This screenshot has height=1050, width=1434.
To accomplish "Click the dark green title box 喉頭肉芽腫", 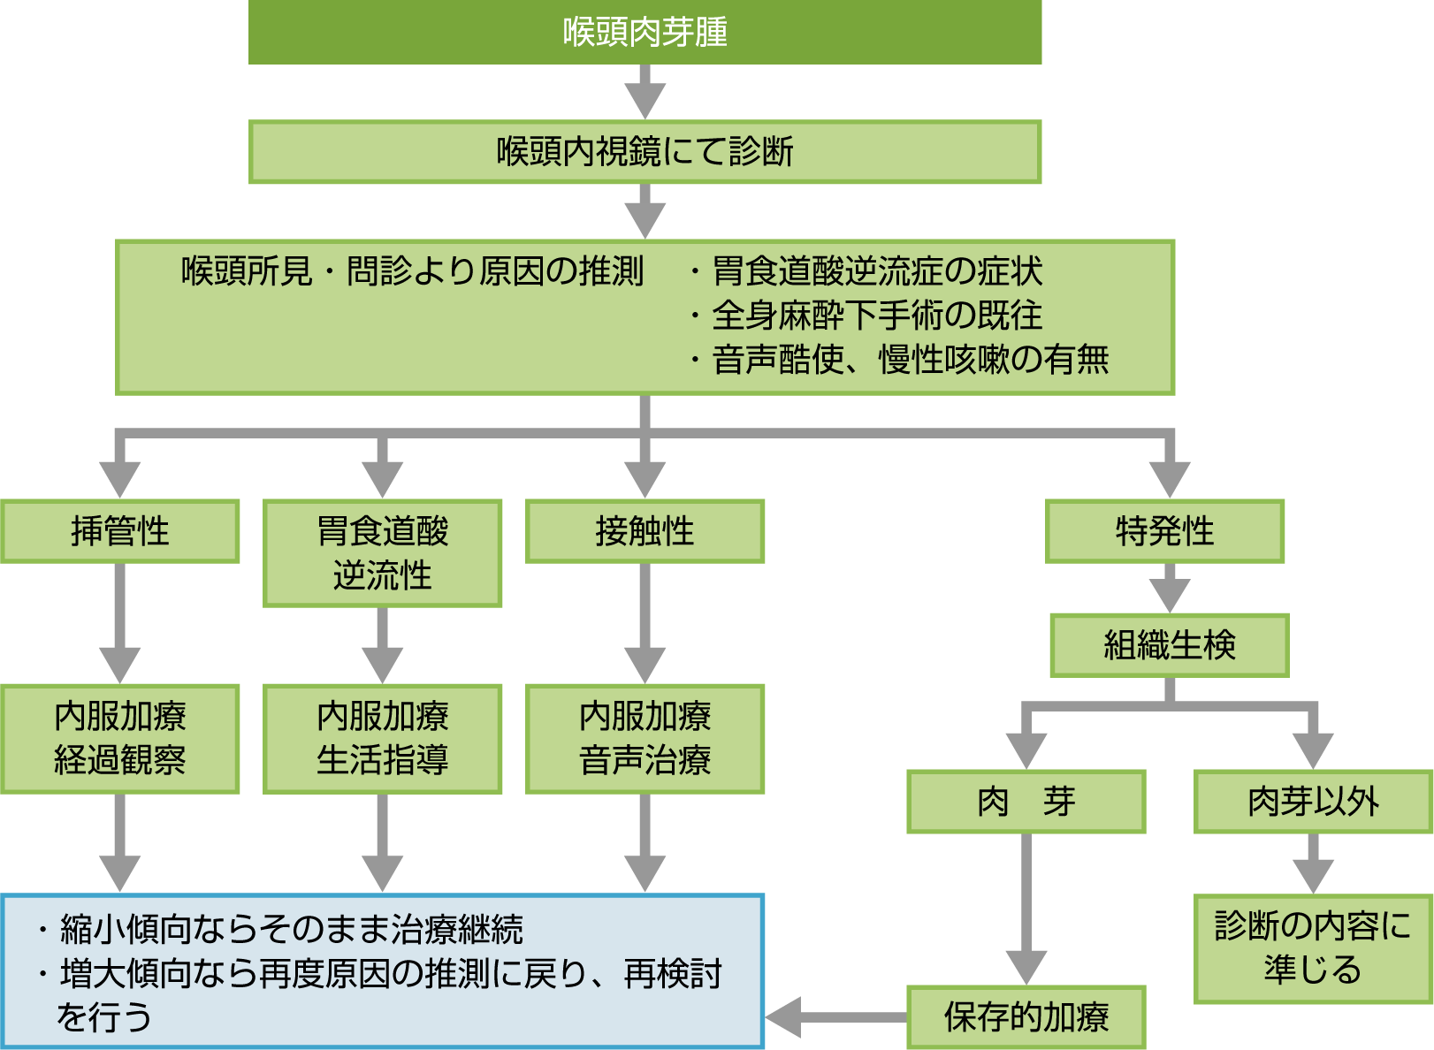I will pos(645,32).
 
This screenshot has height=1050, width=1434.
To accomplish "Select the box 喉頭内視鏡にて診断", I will pos(645,152).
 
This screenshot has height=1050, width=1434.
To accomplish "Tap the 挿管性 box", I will pos(120,531).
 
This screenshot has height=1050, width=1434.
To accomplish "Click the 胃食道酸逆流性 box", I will pos(382,553).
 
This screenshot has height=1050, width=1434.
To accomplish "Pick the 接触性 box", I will pos(645,531).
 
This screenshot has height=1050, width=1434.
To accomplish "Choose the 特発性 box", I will pos(1164,531).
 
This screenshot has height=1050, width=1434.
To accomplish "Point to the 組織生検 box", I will pos(1170,645).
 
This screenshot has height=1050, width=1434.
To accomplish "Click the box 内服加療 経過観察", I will pos(120,739).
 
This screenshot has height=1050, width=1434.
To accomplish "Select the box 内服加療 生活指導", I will pos(382,739).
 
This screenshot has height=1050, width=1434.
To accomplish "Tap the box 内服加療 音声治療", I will pos(645,739).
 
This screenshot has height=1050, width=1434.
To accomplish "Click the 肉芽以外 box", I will pos(1313,802).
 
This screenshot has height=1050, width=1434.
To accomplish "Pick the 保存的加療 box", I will pos(1026,1017).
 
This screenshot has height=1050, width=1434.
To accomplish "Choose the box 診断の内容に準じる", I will pos(1313,948).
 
